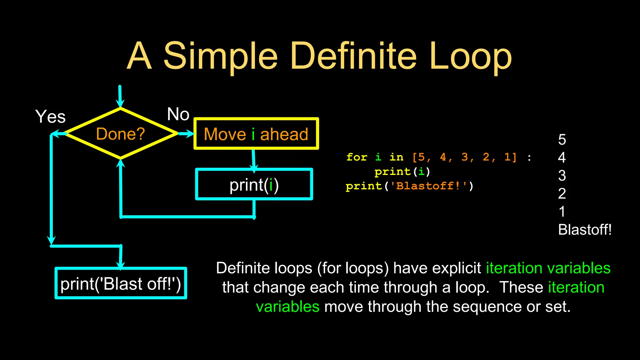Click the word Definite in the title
(353, 56)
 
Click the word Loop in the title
(471, 56)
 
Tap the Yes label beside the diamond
(50, 117)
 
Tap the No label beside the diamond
(178, 114)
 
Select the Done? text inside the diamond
(120, 134)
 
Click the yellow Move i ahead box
(256, 134)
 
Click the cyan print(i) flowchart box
(254, 184)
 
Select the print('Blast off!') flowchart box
(121, 283)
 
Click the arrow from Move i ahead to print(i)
(253, 159)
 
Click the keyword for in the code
(357, 157)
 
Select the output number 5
(562, 139)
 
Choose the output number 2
(562, 193)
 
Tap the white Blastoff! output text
(585, 230)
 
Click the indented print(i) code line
(402, 172)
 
